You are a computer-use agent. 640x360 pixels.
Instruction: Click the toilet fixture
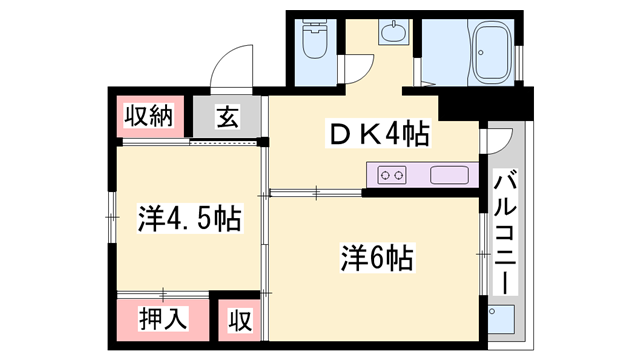[x=315, y=39]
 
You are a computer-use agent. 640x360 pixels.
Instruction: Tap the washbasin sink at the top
[x=393, y=31]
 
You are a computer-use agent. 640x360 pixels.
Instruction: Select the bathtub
[x=491, y=52]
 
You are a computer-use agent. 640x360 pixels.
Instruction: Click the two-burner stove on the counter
[x=392, y=176]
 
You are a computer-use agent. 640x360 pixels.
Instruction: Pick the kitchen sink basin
[x=449, y=176]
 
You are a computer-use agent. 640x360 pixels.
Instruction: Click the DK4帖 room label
[x=378, y=133]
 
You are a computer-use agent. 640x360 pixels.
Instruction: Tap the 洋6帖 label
[x=377, y=258]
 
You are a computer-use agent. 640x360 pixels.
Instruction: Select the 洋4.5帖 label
[x=189, y=218]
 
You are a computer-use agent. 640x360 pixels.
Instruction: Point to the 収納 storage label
[x=149, y=116]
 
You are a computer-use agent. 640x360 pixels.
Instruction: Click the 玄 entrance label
[x=227, y=116]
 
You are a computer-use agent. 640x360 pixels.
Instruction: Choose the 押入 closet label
[x=163, y=318]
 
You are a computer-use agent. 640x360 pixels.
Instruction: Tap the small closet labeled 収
[x=240, y=320]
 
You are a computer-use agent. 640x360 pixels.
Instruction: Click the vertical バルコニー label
[x=505, y=231]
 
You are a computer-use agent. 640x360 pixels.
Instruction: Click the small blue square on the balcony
[x=501, y=319]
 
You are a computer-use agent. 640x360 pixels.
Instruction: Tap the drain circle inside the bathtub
[x=481, y=53]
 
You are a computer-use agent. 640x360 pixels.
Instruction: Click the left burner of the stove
[x=385, y=176]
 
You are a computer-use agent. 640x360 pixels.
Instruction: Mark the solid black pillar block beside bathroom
[x=486, y=104]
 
